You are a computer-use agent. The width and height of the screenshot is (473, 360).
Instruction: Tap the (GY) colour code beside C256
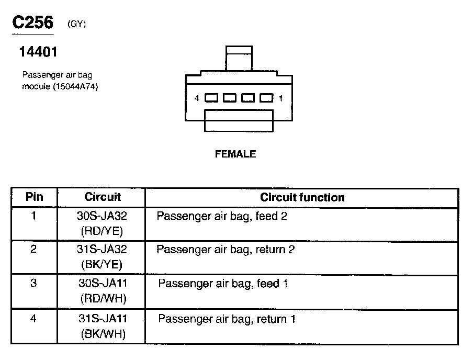76,24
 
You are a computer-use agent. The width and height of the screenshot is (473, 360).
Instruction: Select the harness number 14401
38,52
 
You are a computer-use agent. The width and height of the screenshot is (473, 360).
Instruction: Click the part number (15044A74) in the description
75,86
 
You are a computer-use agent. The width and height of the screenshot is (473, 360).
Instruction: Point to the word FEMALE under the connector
235,154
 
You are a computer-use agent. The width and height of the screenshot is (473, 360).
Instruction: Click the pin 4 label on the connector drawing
197,98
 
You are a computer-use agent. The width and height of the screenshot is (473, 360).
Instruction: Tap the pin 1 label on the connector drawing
281,98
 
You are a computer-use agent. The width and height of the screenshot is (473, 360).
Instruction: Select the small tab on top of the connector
239,57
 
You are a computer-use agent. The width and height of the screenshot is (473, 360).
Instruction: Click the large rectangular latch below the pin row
239,120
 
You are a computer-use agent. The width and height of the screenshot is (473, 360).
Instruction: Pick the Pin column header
34,197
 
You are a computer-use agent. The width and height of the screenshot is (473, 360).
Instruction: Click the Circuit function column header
302,197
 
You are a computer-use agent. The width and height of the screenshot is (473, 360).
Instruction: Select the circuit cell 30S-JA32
103,216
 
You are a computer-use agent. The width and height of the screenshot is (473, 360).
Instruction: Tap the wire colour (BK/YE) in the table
103,264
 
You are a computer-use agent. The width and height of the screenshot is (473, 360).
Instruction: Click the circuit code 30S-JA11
103,284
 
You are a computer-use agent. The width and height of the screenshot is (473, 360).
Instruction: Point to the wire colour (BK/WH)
103,334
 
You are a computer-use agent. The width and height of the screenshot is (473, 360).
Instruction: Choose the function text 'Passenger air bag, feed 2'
222,216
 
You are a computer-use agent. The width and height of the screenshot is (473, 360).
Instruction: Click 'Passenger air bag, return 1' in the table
227,318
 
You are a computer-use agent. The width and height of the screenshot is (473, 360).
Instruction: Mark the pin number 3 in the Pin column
33,284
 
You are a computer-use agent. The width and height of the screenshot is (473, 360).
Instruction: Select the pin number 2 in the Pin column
33,249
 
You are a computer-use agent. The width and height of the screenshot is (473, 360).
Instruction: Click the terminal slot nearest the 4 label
211,98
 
